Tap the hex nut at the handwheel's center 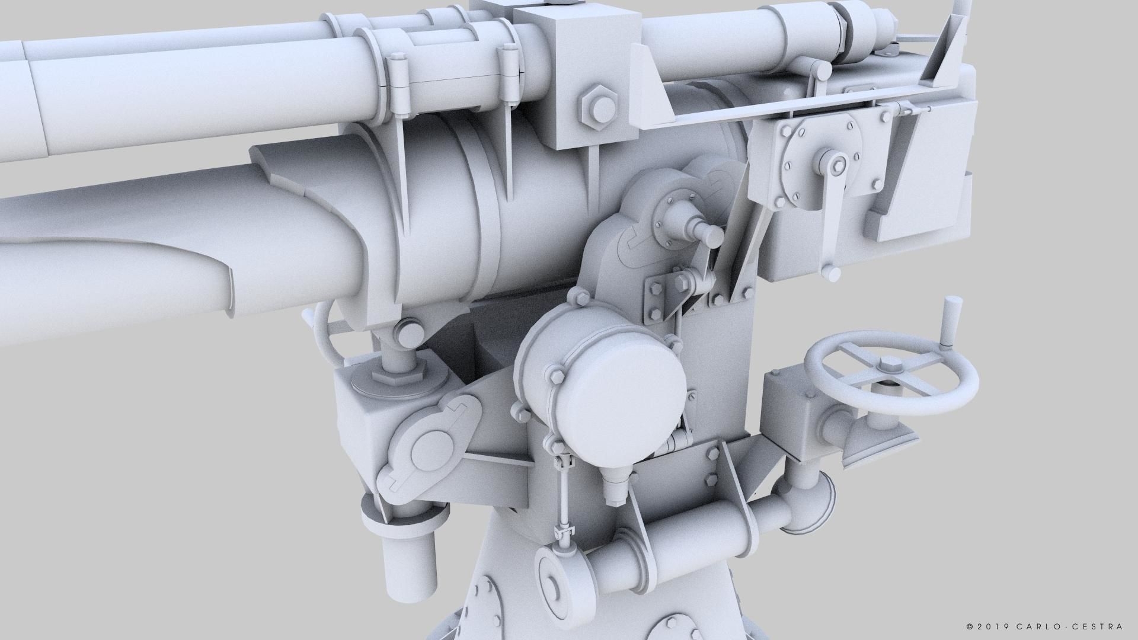[x=888, y=364]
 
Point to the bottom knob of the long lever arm [x=832, y=273]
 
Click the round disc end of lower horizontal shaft [x=554, y=584]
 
